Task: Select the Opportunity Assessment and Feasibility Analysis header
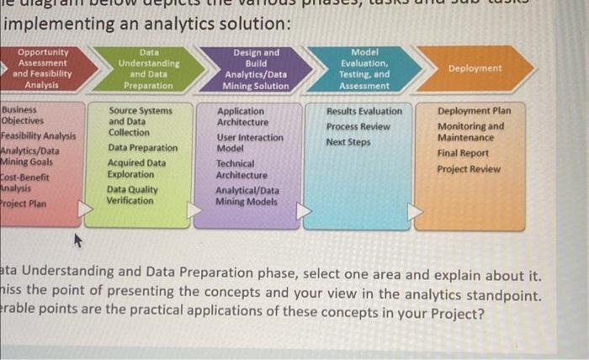pyautogui.click(x=45, y=68)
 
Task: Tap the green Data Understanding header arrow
pyautogui.click(x=148, y=68)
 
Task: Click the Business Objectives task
pyautogui.click(x=22, y=115)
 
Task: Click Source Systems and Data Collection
pyautogui.click(x=141, y=121)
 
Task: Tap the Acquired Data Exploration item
pyautogui.click(x=136, y=168)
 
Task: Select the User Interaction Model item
pyautogui.click(x=250, y=142)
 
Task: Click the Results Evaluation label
pyautogui.click(x=364, y=111)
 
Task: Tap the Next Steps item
pyautogui.click(x=347, y=142)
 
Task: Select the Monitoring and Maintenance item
pyautogui.click(x=470, y=132)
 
